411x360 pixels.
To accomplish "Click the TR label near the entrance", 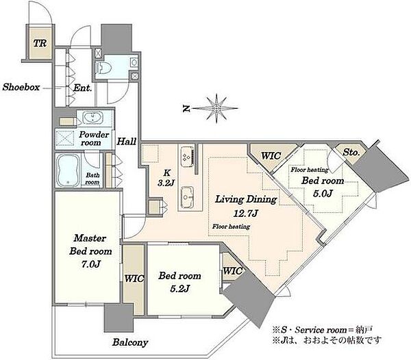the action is click(x=40, y=43).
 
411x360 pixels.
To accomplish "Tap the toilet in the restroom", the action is click(x=103, y=68).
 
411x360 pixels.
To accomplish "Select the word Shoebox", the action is click(x=21, y=87).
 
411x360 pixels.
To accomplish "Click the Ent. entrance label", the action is click(x=82, y=88).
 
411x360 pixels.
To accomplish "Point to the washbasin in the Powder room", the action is click(x=92, y=118).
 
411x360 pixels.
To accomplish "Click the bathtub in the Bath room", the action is click(x=68, y=170).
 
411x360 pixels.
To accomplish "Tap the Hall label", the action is click(x=126, y=142).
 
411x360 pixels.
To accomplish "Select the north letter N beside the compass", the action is click(x=186, y=109).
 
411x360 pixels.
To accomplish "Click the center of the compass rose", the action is click(x=216, y=108).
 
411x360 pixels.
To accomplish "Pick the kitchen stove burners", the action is click(x=188, y=157).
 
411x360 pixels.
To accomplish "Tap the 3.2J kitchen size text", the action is click(x=166, y=183).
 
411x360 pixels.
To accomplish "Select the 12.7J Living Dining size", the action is click(x=246, y=214).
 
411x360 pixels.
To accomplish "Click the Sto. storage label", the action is click(x=351, y=153).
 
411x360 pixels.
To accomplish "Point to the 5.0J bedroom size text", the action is click(x=323, y=194).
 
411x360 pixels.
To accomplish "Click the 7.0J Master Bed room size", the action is click(x=90, y=264).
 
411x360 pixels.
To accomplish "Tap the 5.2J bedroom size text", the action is click(x=179, y=289).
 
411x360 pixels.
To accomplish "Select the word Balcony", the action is click(x=130, y=342).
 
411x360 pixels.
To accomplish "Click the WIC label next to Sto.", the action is click(x=271, y=156).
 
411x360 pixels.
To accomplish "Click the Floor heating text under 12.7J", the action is click(x=231, y=227).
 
